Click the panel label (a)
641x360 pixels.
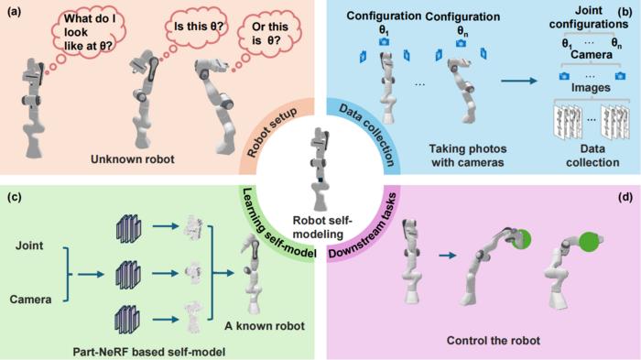click(13, 12)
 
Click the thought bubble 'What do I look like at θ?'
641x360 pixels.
click(86, 30)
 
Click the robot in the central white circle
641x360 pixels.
click(320, 165)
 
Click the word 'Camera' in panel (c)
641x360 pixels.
click(35, 298)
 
